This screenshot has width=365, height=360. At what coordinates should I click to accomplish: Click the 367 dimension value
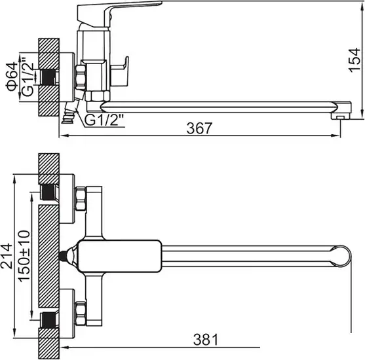coord(200,128)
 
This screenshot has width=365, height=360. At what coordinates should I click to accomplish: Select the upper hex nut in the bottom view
coord(81,199)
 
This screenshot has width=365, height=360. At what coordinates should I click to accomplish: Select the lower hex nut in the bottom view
coord(81,314)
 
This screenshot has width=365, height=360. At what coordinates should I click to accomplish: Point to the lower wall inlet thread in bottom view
coord(48,319)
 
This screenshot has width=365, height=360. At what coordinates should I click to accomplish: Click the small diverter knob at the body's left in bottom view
coord(65,257)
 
